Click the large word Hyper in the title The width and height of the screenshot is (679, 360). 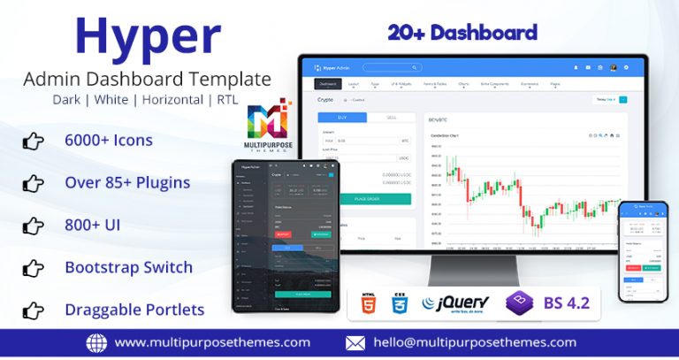pyautogui.click(x=148, y=37)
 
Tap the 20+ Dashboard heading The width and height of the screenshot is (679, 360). pyautogui.click(x=462, y=33)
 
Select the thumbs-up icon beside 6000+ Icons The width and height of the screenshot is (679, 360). pyautogui.click(x=33, y=141)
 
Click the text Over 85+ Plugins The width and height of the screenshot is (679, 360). pyautogui.click(x=127, y=183)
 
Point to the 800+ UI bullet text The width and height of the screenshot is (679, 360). pyautogui.click(x=93, y=226)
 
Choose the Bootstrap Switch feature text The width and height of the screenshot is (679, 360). pyautogui.click(x=129, y=267)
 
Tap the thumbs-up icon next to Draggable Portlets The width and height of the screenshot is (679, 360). pyautogui.click(x=33, y=310)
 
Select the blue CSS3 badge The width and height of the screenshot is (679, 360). pyautogui.click(x=399, y=303)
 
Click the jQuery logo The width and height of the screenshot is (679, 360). pyautogui.click(x=456, y=303)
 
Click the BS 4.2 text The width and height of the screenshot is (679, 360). pyautogui.click(x=566, y=303)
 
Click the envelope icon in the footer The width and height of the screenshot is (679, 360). pyautogui.click(x=355, y=343)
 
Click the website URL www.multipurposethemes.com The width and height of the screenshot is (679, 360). pyautogui.click(x=212, y=342)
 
